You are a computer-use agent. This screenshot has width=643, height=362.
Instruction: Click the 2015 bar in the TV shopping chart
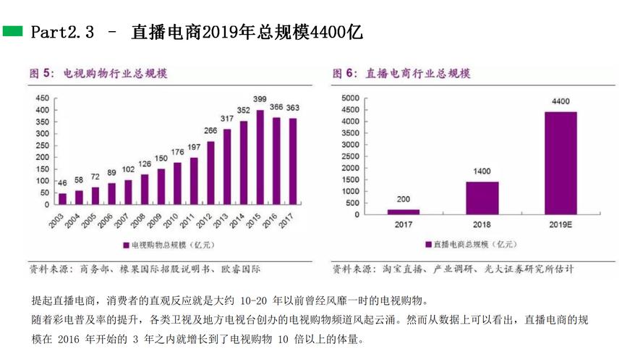tap(260, 156)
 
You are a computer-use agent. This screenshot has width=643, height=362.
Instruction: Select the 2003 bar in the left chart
tap(62, 199)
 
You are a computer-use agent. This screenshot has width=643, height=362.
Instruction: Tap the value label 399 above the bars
tap(260, 99)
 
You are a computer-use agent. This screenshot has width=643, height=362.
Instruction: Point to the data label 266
tap(210, 130)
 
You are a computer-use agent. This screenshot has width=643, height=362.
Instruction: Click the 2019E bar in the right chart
tap(561, 163)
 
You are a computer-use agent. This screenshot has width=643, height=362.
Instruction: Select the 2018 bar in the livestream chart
tap(482, 198)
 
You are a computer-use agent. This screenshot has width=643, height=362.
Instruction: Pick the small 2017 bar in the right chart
tap(404, 211)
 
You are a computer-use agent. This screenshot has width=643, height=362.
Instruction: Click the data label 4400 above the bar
tap(561, 101)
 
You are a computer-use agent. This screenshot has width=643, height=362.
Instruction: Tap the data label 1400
tap(482, 172)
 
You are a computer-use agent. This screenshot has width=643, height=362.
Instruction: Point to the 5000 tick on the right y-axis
tap(349, 98)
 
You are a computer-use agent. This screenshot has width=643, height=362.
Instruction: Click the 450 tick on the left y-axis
tap(42, 98)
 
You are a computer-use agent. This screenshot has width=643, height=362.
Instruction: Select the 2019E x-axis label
tap(561, 225)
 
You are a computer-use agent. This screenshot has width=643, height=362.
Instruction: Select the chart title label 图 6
tap(346, 74)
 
